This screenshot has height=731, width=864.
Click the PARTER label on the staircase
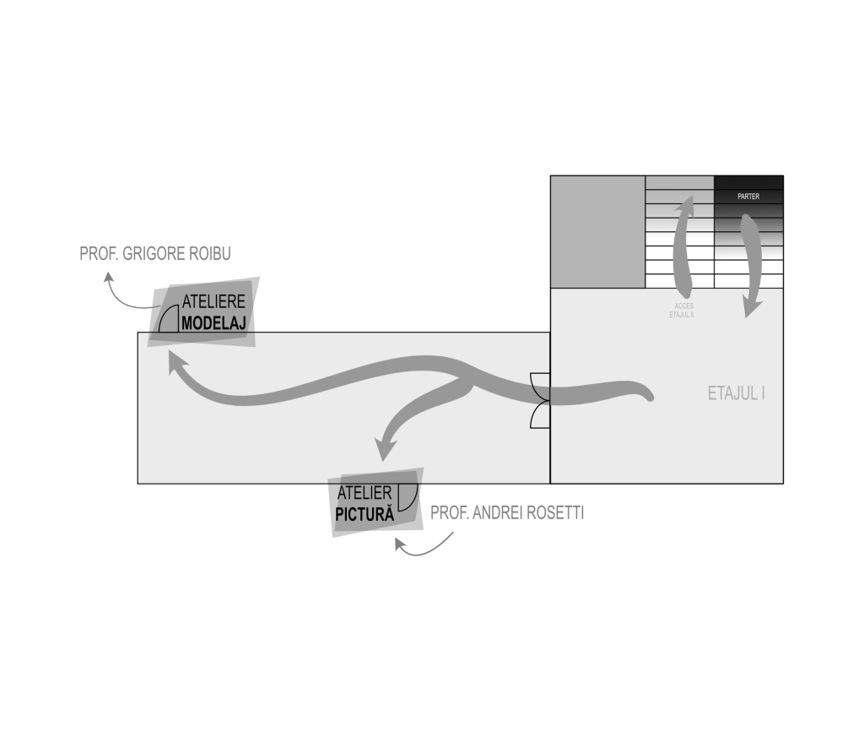coord(748,197)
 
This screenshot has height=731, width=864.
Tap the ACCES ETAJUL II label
coord(682,311)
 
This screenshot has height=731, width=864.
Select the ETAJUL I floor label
coord(736,393)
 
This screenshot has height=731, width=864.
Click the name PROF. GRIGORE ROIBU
coord(155,253)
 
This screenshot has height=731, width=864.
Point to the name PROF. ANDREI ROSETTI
coord(507,512)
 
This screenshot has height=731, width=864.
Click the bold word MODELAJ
coord(213,323)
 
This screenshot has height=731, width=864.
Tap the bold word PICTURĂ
coord(364,514)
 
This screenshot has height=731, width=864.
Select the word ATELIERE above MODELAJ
coord(213,301)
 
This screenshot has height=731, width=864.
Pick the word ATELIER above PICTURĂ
coord(364,492)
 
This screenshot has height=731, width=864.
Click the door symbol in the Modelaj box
coord(169,318)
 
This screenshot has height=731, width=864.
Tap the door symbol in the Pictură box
coord(408,497)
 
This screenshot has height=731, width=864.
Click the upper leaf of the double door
coord(540,387)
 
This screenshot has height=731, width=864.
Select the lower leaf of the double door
coord(540,414)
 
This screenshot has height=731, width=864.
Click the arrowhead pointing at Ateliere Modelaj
coord(177,363)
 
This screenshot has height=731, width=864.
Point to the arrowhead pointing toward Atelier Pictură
coord(386,447)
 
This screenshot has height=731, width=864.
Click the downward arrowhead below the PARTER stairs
coord(753,307)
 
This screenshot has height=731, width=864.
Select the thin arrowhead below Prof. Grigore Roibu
coord(108,278)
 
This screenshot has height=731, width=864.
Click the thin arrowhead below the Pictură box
coord(401,544)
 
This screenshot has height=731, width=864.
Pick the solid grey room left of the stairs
coord(598,231)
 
